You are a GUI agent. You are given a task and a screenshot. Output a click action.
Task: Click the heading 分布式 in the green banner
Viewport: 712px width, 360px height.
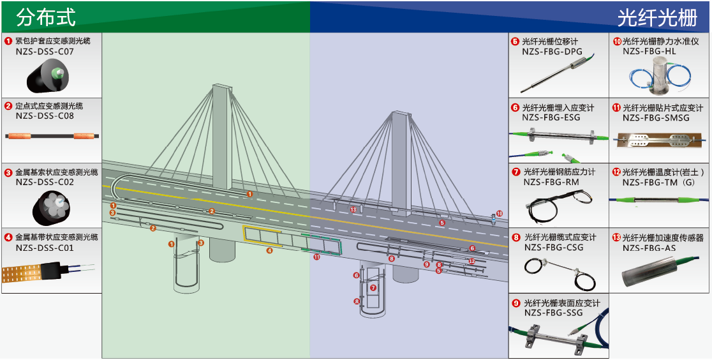pyautogui.click(x=45, y=17)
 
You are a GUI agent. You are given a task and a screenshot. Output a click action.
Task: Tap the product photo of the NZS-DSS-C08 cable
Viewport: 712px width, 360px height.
pyautogui.click(x=52, y=136)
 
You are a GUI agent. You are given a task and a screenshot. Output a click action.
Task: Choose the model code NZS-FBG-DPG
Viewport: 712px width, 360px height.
pyautogui.click(x=552, y=52)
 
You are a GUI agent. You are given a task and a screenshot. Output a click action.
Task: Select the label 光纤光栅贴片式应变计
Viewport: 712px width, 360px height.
pyautogui.click(x=663, y=108)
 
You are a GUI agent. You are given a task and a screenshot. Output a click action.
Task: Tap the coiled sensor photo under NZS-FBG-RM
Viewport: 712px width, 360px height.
pyautogui.click(x=558, y=206)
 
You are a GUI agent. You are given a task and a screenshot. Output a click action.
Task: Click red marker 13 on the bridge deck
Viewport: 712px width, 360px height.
pyautogui.click(x=353, y=209)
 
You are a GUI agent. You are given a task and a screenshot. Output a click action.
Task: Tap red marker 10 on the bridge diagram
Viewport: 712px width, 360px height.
pyautogui.click(x=500, y=213)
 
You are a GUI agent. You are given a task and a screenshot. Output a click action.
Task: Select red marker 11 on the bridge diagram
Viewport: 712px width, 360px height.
pyautogui.click(x=316, y=257)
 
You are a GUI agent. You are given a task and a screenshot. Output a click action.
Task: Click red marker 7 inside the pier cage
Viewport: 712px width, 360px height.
pyautogui.click(x=373, y=288)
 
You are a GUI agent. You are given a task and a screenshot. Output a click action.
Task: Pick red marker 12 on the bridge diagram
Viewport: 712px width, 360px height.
pyautogui.click(x=471, y=261)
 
